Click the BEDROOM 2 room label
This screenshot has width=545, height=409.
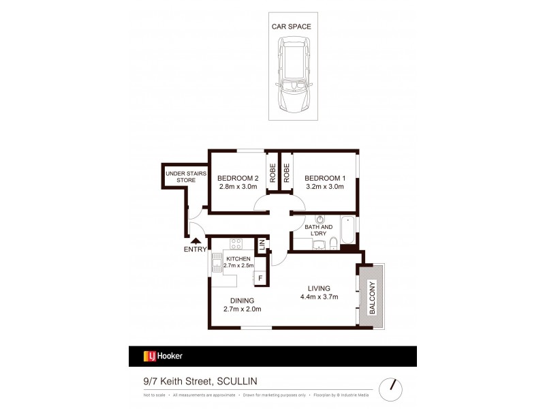[x=238, y=177]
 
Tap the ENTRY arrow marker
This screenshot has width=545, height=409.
[x=196, y=240]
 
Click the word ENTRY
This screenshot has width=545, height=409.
[x=195, y=249]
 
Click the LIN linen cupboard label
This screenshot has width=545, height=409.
[x=261, y=245]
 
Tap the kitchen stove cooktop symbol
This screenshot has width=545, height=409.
[x=237, y=243]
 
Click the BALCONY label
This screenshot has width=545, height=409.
[x=372, y=297]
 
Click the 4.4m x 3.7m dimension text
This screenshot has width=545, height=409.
[x=319, y=297]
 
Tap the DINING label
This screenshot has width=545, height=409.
[x=242, y=301]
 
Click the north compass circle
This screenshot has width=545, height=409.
[x=390, y=385]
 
